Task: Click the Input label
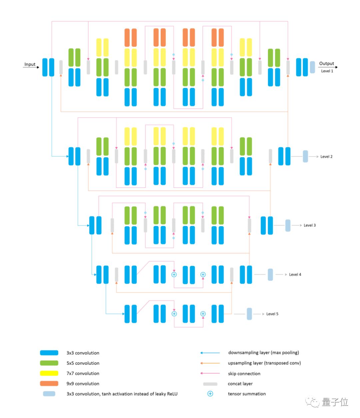click(x=30, y=64)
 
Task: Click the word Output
click(x=326, y=63)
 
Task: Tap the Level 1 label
click(x=327, y=71)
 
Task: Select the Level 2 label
click(x=326, y=157)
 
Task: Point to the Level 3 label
click(x=309, y=225)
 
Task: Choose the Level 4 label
click(x=295, y=274)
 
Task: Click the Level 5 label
click(x=272, y=314)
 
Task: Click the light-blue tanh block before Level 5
click(x=249, y=314)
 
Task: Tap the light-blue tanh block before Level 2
click(x=305, y=156)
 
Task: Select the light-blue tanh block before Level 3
click(x=288, y=225)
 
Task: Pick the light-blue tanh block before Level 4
click(x=270, y=274)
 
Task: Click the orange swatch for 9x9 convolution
click(x=49, y=383)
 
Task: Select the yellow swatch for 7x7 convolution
click(x=49, y=373)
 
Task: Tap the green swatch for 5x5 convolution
click(x=49, y=363)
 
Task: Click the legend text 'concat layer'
click(x=240, y=384)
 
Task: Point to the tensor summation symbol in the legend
click(x=210, y=394)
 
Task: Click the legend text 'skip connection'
click(x=244, y=373)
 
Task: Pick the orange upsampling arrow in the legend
click(x=210, y=363)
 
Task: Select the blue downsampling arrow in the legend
click(x=210, y=353)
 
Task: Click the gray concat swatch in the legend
click(x=210, y=384)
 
